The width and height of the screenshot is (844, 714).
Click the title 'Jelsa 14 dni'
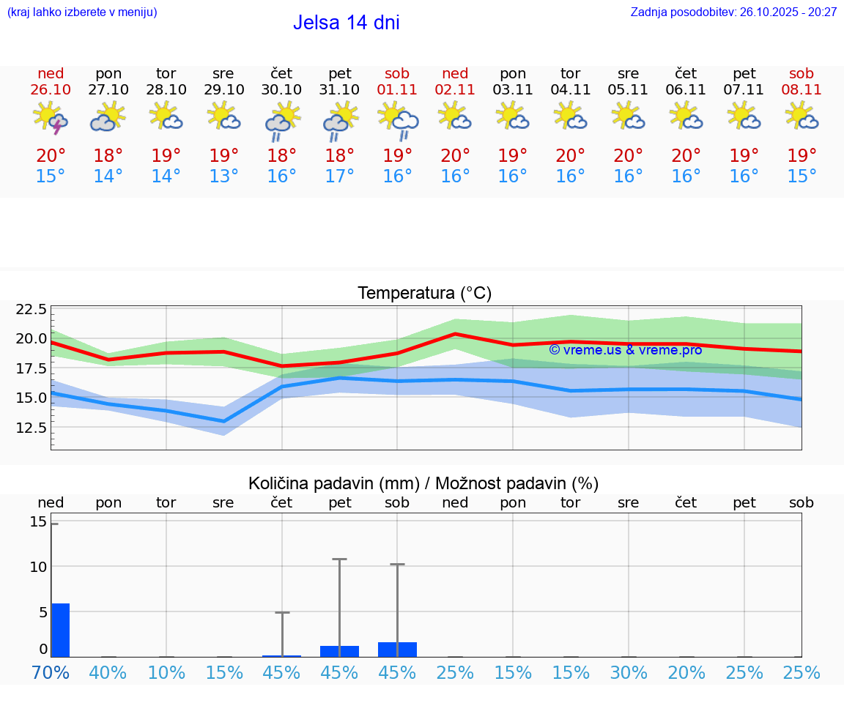[346, 23]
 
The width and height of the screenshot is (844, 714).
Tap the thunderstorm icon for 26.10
[51, 119]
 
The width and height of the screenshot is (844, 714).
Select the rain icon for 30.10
[281, 120]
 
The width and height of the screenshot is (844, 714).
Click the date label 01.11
[397, 90]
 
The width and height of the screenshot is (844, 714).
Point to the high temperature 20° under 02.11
[455, 156]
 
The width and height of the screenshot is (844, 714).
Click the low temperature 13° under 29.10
[223, 176]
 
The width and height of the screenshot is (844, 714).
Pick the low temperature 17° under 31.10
[339, 176]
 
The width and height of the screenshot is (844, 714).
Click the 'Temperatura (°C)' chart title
[424, 294]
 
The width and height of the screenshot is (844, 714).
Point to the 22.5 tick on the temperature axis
[30, 309]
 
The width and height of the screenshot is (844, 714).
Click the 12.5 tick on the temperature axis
[30, 427]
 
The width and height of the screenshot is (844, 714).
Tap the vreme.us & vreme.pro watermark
[625, 350]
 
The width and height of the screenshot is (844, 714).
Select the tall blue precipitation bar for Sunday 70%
[60, 630]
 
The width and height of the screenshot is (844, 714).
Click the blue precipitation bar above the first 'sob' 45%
[397, 650]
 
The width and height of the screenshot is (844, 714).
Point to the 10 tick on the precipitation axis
[38, 567]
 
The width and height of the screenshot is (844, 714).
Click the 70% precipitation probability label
[51, 672]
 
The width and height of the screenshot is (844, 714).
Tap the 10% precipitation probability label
[166, 672]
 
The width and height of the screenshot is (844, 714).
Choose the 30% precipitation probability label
[629, 672]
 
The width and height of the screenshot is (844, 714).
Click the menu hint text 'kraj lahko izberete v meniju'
[81, 12]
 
